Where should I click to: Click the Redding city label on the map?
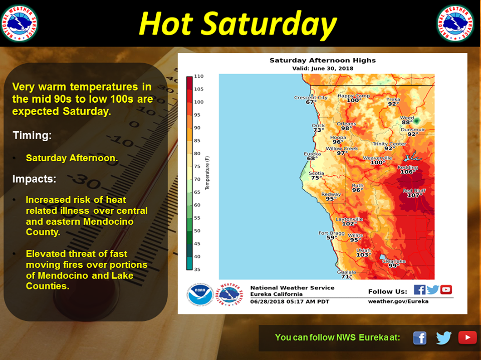coord(408,167)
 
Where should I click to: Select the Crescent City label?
coord(311,98)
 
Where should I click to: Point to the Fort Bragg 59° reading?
coord(330,237)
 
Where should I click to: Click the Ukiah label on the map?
coord(363,250)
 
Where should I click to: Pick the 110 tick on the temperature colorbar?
coord(199,76)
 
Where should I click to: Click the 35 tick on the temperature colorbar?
coord(197,269)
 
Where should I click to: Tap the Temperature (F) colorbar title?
coord(207,173)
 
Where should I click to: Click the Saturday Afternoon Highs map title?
coord(322,61)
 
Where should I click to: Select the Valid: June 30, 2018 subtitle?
coord(322,69)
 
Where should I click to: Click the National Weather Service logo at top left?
coord(20,23)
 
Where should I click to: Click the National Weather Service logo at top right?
coord(455,23)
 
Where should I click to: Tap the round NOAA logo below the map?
coord(200,294)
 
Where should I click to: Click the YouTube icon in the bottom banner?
coord(467,337)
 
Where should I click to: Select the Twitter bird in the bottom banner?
coord(444,337)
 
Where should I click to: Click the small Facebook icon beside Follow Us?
coord(419,289)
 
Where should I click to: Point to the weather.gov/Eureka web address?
coord(398,301)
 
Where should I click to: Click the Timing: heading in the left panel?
coord(32,135)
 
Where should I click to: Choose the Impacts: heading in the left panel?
coord(34,179)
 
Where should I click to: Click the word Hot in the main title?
coord(166,24)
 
